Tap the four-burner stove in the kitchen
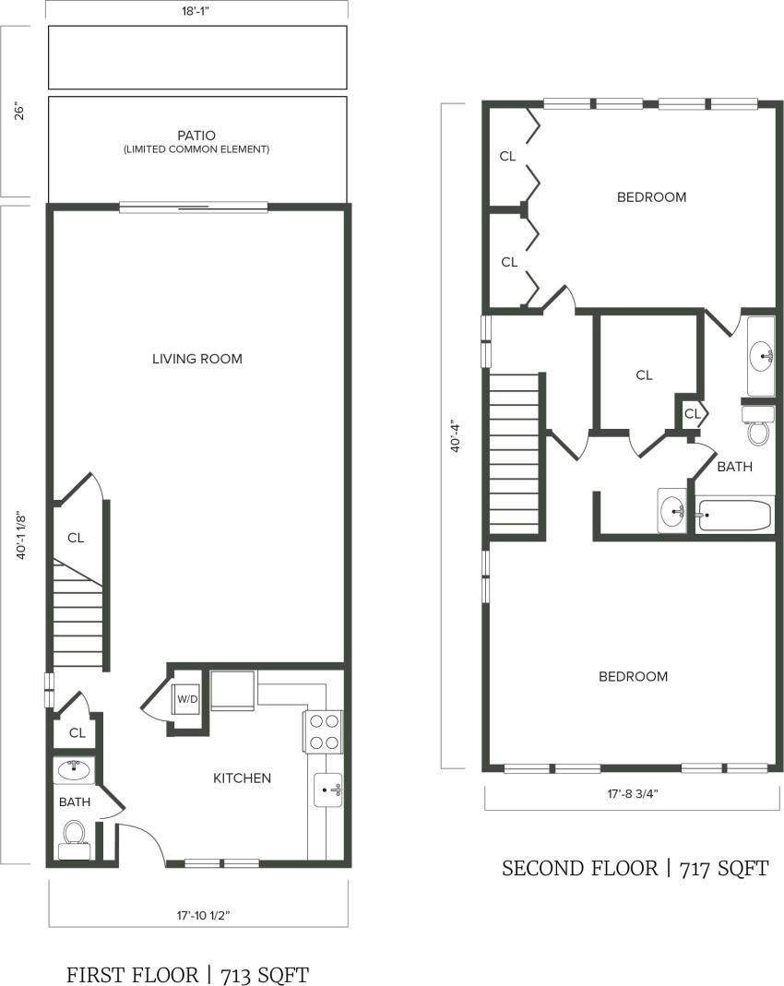point(323,731)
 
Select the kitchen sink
point(327,790)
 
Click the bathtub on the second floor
point(734,515)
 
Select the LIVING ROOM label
point(197,359)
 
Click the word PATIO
point(197,135)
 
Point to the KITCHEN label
point(243,778)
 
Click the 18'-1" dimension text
point(197,12)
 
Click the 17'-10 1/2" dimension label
point(197,917)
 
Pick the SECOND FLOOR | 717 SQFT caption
point(635,869)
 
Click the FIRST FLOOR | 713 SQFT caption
point(187,975)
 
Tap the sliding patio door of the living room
point(194,208)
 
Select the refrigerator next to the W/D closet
point(234,692)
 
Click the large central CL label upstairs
point(644,375)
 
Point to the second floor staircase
point(514,456)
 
